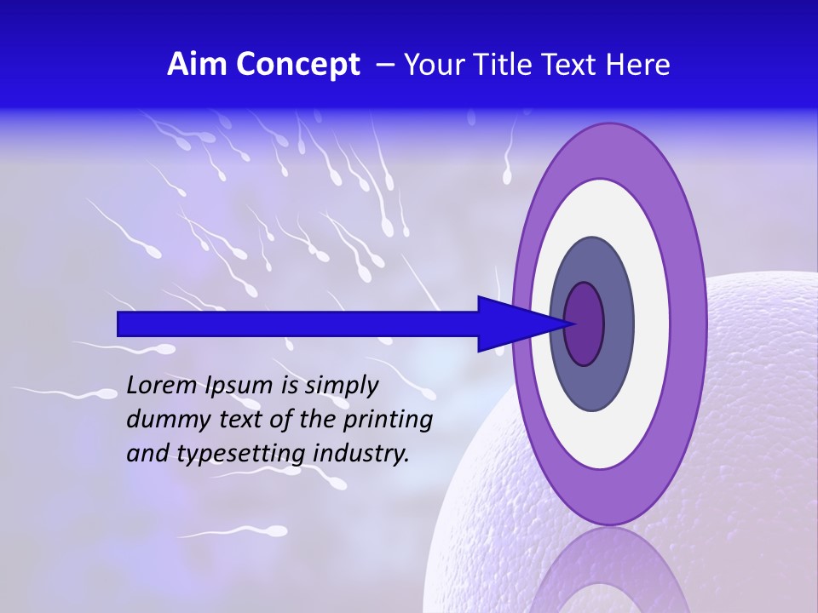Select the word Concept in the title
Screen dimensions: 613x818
297,65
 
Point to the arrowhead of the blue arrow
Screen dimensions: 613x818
520,324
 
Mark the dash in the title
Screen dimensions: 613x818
384,65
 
